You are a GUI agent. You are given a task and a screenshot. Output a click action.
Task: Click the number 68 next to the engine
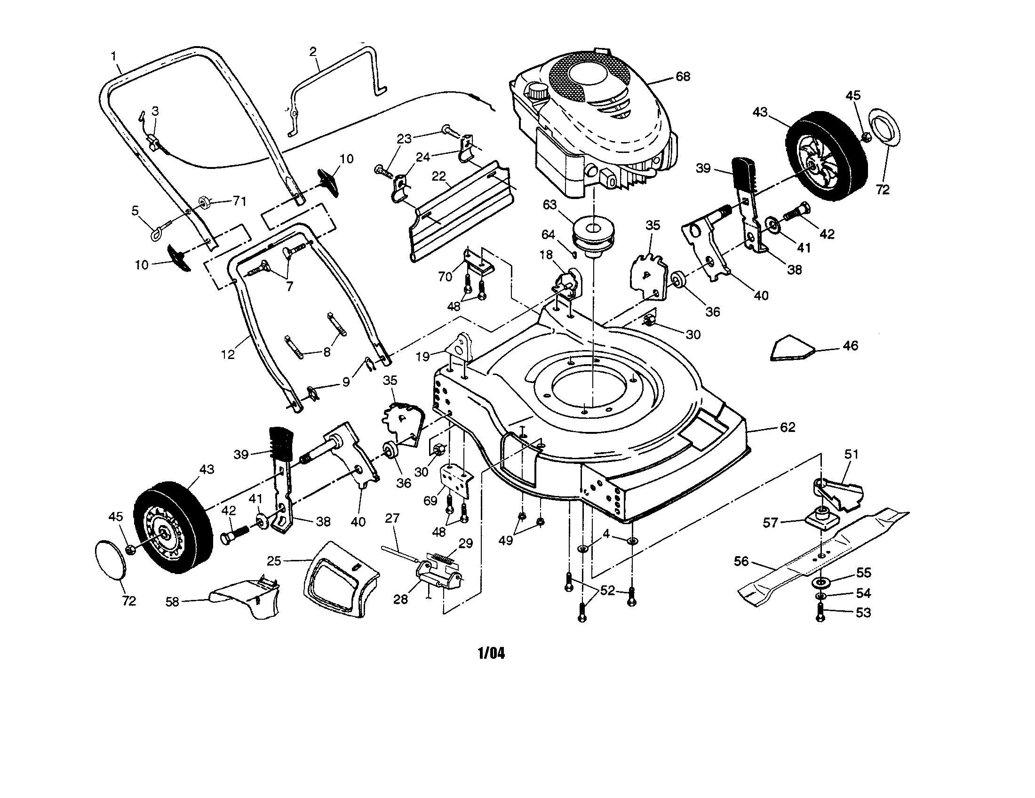pyautogui.click(x=683, y=76)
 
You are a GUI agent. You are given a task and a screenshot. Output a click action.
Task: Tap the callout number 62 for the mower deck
pyautogui.click(x=787, y=427)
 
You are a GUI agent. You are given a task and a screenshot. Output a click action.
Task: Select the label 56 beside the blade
pyautogui.click(x=740, y=561)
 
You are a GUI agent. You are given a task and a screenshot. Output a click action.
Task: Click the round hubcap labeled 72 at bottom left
pyautogui.click(x=111, y=559)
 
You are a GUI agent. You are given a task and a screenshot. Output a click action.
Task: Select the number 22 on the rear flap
pyautogui.click(x=439, y=176)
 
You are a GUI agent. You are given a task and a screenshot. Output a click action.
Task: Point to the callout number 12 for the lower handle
pyautogui.click(x=228, y=354)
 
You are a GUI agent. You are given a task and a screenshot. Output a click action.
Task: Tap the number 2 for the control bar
pyautogui.click(x=313, y=52)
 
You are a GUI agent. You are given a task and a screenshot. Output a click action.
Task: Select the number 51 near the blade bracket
pyautogui.click(x=851, y=454)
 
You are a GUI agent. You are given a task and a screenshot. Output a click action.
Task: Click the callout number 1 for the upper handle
pyautogui.click(x=114, y=56)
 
